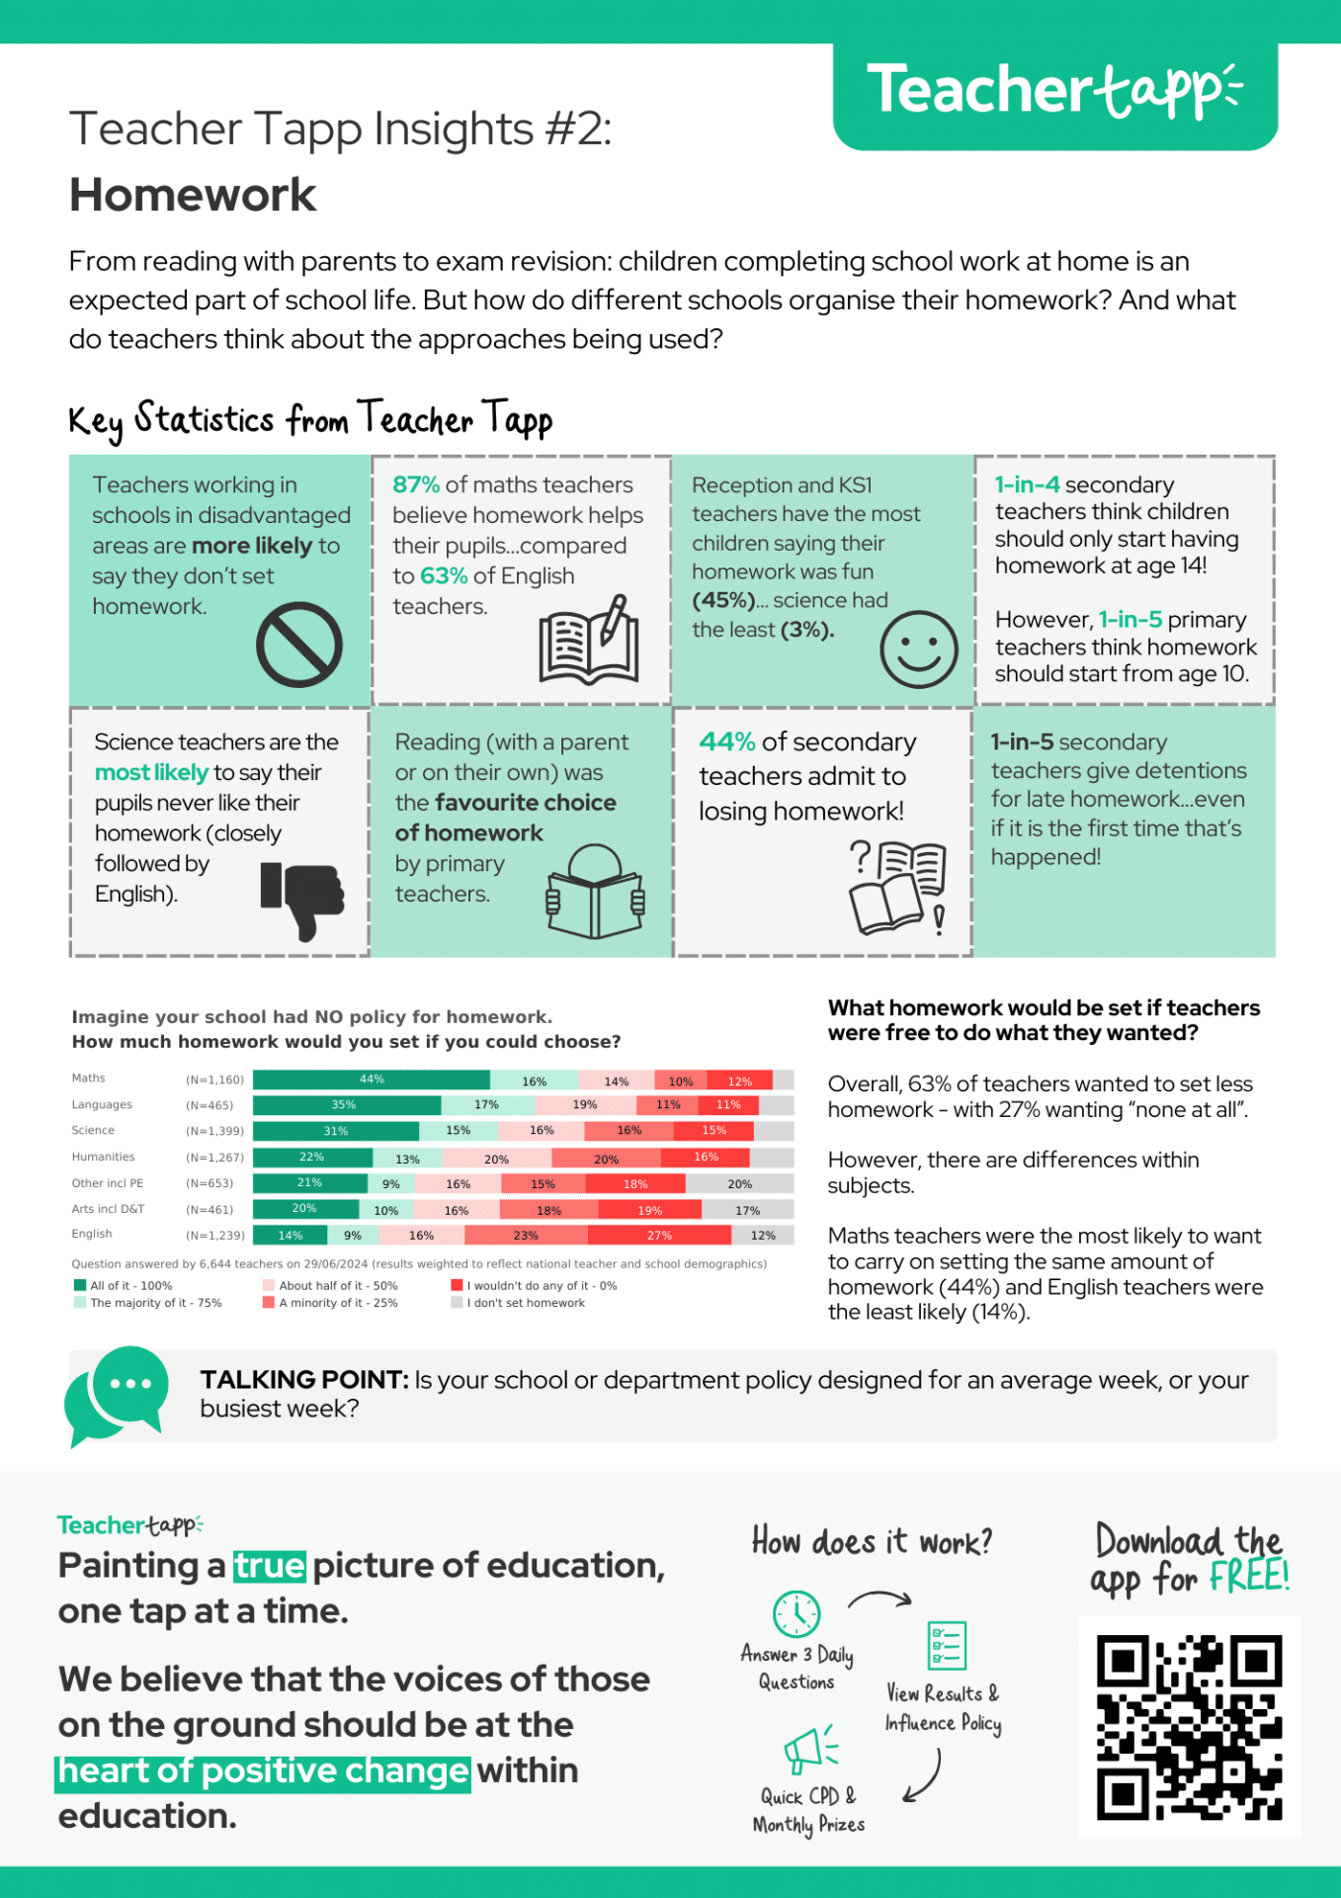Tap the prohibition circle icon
[298, 645]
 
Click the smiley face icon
[918, 649]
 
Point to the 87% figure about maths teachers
[415, 484]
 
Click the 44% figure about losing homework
[726, 741]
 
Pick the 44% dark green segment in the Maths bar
[372, 1079]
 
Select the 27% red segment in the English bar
[659, 1235]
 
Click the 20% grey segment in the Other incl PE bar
[739, 1183]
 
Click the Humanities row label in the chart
[103, 1157]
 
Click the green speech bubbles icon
[117, 1394]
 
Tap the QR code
[1189, 1727]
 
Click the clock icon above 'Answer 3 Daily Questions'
[796, 1613]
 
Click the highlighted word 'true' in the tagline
[269, 1566]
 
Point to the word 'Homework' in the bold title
[193, 195]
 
